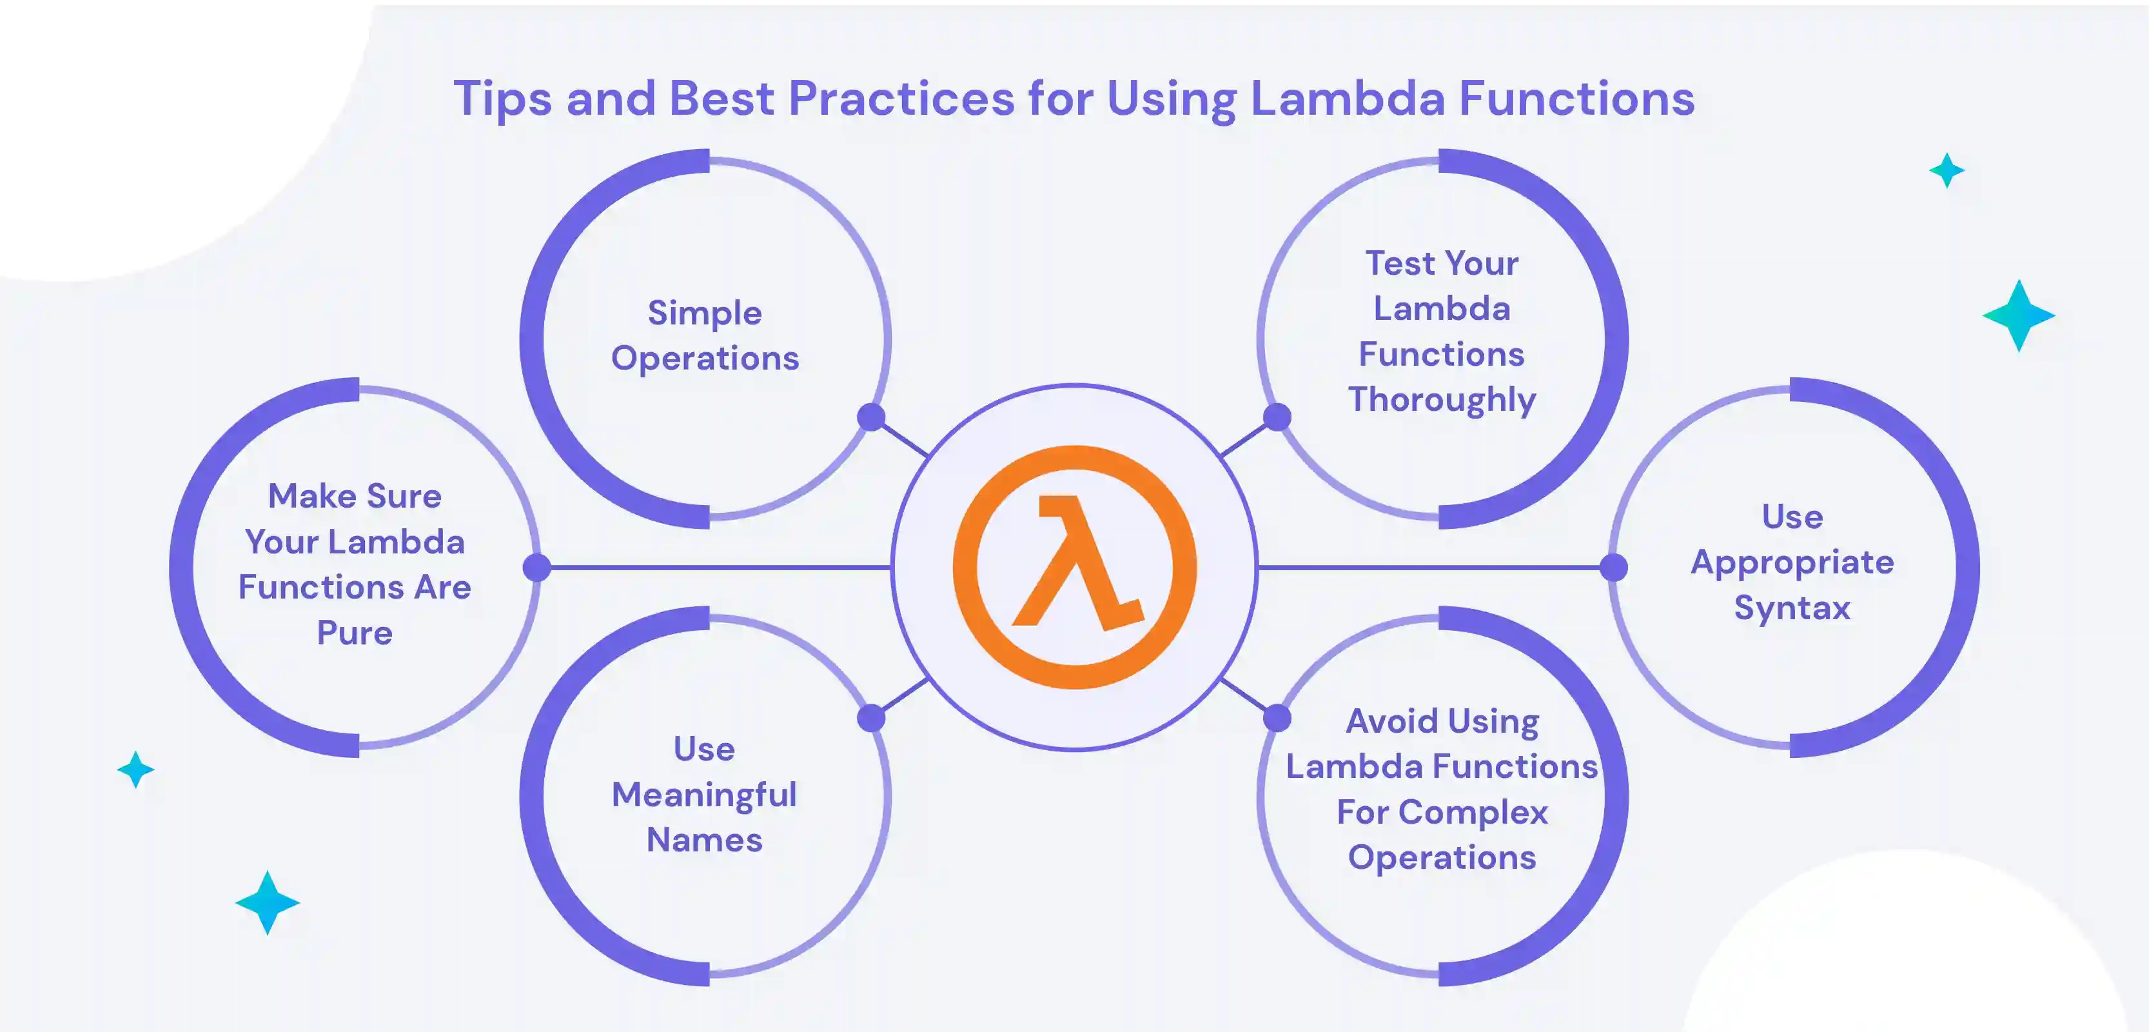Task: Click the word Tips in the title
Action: tap(502, 99)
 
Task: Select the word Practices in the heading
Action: tap(901, 99)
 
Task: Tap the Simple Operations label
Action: tap(705, 335)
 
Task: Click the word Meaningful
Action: tap(704, 794)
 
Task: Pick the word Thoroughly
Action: tap(1442, 400)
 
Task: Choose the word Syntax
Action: tap(1792, 608)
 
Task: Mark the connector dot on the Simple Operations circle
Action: tap(871, 417)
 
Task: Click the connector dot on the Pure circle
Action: tap(536, 568)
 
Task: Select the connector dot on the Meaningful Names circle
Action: tap(871, 717)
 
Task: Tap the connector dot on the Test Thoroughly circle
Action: tap(1277, 417)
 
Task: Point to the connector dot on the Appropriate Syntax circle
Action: tap(1613, 568)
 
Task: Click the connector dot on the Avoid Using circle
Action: tap(1277, 717)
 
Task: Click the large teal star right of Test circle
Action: tap(2019, 315)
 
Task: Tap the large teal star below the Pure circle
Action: tap(267, 903)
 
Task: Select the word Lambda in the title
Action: tap(1348, 99)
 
